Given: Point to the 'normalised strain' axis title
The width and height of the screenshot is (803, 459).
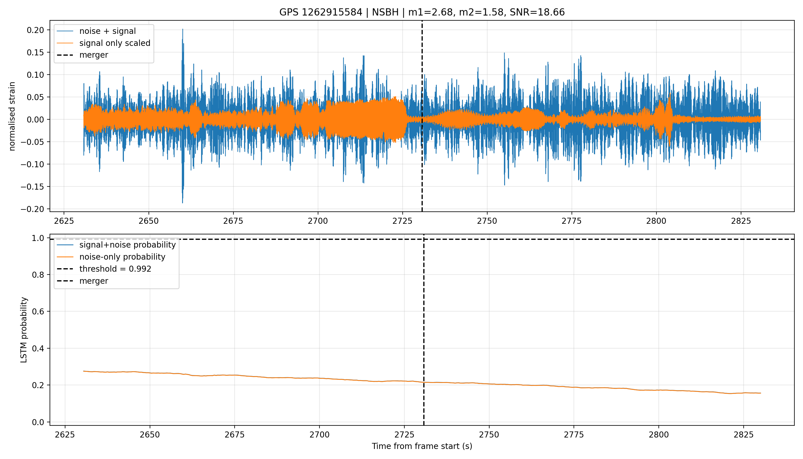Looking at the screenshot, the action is tap(12, 116).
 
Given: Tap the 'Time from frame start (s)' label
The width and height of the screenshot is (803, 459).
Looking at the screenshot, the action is tap(422, 446).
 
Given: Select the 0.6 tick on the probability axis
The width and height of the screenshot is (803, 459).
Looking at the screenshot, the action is tap(38, 312).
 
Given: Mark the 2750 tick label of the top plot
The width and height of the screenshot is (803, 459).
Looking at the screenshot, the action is tap(487, 221).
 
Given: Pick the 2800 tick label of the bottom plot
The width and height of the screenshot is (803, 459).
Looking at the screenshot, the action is tap(659, 435).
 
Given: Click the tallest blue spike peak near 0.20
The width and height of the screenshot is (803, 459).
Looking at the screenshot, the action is tap(183, 29).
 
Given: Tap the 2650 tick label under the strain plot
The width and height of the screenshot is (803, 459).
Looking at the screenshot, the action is tap(149, 221).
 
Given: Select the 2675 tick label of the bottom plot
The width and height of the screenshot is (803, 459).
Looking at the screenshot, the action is tap(235, 435).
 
